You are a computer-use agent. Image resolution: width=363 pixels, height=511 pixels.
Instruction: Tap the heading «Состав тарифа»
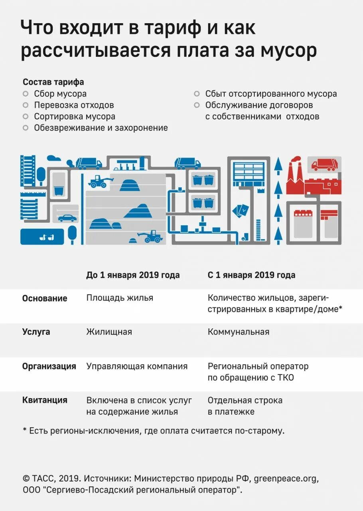53,82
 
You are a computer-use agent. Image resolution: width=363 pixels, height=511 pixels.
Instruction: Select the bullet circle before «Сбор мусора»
26,94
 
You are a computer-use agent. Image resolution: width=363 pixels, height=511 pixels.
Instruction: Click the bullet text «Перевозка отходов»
74,105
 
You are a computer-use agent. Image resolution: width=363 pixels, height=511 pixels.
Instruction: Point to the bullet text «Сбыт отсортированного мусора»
271,94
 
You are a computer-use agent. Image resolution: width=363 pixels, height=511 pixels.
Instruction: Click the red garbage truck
324,164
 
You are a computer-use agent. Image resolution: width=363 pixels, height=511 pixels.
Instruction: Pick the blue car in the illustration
67,218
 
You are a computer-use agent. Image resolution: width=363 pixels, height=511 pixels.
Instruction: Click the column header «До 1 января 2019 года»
133,275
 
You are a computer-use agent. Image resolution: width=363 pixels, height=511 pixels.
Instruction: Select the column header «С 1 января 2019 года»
251,275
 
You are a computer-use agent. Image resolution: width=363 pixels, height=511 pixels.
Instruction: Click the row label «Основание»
45,298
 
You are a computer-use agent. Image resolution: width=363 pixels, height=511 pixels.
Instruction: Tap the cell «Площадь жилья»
120,298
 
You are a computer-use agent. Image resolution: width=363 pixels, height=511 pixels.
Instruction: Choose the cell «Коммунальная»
239,332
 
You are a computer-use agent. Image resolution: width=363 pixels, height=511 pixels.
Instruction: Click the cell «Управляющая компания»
137,366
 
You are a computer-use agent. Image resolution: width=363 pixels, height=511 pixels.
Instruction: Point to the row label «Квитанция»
45,400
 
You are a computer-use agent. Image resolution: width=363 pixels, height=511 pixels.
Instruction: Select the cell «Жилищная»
109,332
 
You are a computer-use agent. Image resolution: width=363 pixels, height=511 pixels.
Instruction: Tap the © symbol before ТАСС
26,478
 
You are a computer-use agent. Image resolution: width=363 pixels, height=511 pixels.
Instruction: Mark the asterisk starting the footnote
25,430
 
